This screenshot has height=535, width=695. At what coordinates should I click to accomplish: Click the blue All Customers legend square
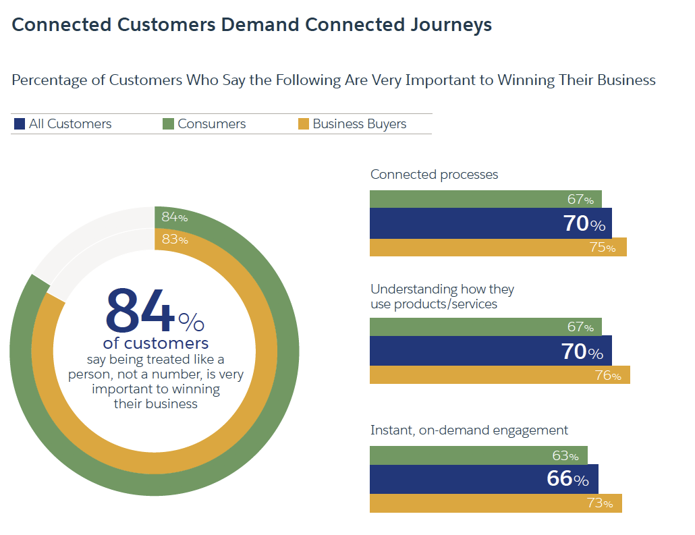19,124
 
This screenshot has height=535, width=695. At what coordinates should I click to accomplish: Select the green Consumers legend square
167,124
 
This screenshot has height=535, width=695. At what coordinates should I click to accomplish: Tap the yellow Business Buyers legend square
303,124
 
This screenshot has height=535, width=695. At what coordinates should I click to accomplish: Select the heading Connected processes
434,175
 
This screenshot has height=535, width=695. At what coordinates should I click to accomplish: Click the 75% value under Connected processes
602,248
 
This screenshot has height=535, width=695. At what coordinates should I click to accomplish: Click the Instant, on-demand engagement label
469,430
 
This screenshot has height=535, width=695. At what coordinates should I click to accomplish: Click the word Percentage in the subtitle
49,80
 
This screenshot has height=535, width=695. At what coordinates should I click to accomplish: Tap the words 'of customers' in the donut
155,343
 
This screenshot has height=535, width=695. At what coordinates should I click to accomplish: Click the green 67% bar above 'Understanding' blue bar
472,327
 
